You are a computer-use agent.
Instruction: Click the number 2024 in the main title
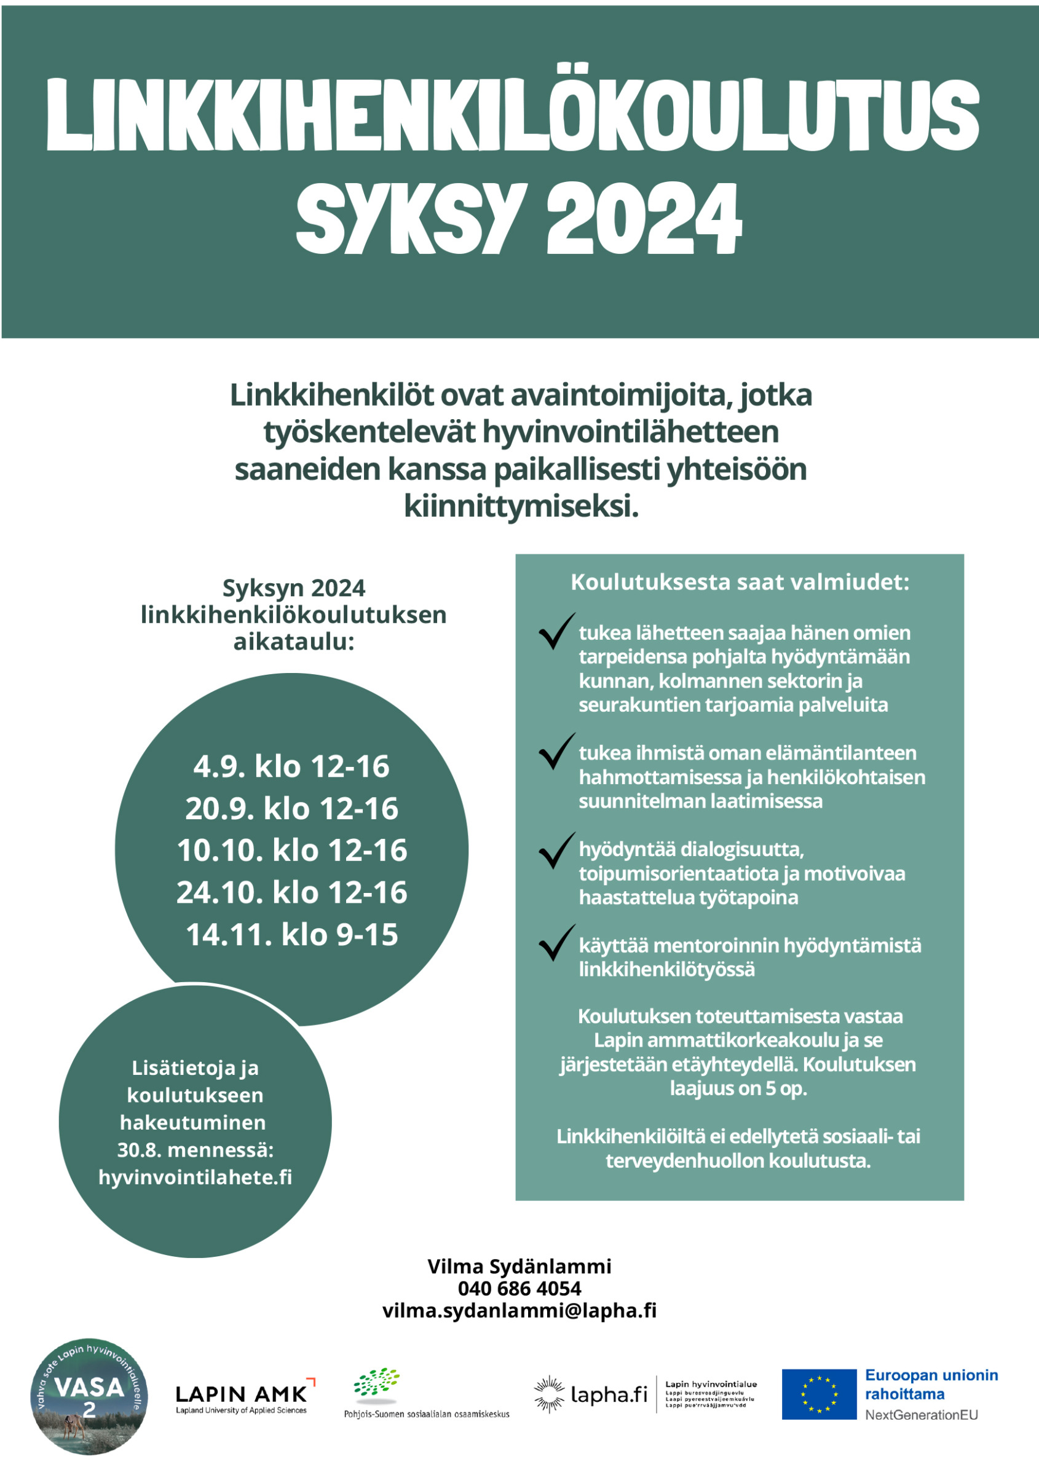coord(644,219)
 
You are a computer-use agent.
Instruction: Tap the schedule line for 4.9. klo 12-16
coord(291,766)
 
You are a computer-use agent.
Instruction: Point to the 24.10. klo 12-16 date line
coord(291,892)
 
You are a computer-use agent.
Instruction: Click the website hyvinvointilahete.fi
coord(195,1177)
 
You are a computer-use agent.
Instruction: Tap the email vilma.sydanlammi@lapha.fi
coord(519,1310)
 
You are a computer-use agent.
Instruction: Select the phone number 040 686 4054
coord(519,1288)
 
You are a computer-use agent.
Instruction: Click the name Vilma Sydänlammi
coord(519,1266)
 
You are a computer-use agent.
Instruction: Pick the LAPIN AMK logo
coord(242,1395)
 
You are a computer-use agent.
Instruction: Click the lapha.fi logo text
coord(609,1394)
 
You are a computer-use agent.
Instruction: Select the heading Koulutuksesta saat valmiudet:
coord(740,582)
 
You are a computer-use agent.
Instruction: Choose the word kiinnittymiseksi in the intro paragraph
coord(521,507)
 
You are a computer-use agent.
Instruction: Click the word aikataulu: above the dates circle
coord(294,642)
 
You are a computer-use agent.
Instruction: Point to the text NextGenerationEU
coord(921,1415)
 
